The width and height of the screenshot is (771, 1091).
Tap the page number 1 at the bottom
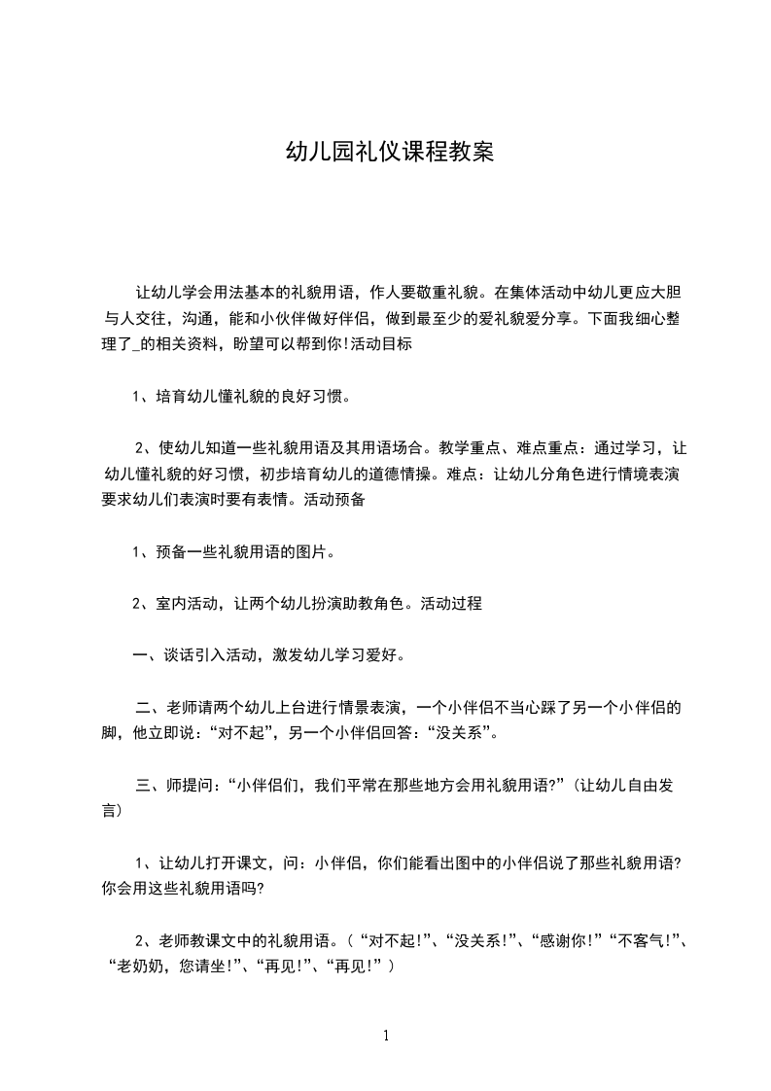pos(386,1036)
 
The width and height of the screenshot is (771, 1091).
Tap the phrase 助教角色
pos(377,603)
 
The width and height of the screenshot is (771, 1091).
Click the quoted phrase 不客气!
pos(643,941)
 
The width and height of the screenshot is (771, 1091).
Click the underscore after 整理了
pos(144,346)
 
